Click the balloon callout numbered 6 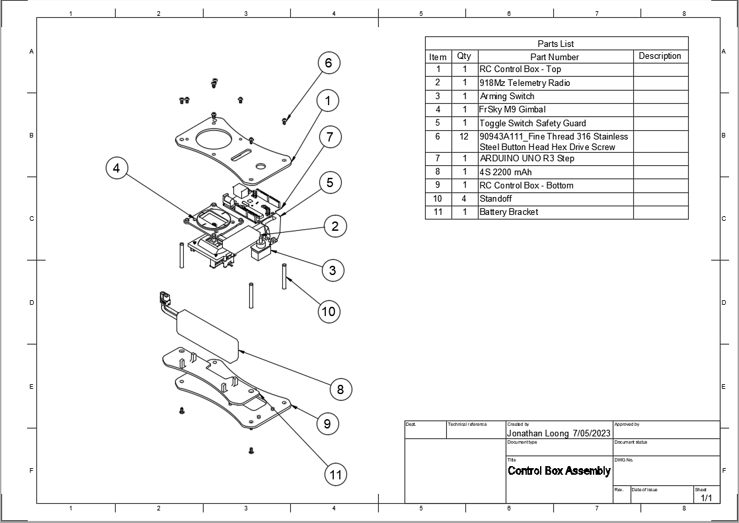[x=329, y=63]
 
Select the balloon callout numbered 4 [x=116, y=169]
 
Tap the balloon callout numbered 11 [x=336, y=474]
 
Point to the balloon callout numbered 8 [x=340, y=389]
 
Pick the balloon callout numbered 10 [x=329, y=311]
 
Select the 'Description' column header [x=660, y=56]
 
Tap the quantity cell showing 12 [x=464, y=136]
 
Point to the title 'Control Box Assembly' [x=559, y=471]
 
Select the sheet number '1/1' [x=706, y=497]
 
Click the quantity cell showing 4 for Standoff [x=464, y=198]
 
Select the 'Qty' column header [x=464, y=56]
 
